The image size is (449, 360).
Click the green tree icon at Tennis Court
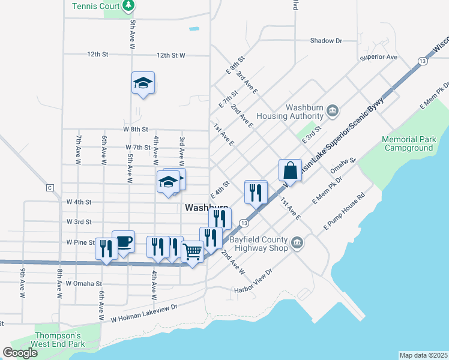[128, 5]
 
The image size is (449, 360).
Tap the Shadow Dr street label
[326, 41]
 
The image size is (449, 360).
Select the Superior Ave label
[379, 58]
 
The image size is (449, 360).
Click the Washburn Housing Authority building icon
[334, 110]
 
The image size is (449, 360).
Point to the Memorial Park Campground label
[409, 143]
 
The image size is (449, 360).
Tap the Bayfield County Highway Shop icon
[297, 243]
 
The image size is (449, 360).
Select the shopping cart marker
[192, 252]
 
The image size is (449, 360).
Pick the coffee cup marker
[123, 242]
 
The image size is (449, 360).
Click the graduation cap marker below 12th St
[143, 83]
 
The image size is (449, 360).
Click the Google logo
[20, 352]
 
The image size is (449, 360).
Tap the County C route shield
[49, 188]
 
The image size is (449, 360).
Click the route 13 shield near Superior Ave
[423, 62]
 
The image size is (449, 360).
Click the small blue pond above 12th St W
[193, 28]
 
